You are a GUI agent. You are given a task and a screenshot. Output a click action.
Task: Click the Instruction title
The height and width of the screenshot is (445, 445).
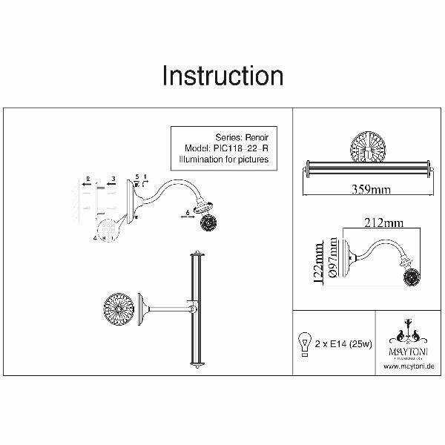222,76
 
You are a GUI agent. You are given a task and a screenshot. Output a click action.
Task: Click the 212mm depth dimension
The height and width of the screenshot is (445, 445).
383,222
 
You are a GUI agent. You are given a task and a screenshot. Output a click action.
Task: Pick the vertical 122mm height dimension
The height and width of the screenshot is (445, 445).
320,262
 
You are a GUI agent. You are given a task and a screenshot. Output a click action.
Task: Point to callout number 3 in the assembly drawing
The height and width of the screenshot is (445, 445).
112,179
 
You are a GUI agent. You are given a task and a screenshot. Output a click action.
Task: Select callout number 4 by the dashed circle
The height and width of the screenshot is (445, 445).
95,238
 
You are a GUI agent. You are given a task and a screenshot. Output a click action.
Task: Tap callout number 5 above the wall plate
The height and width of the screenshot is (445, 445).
137,177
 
